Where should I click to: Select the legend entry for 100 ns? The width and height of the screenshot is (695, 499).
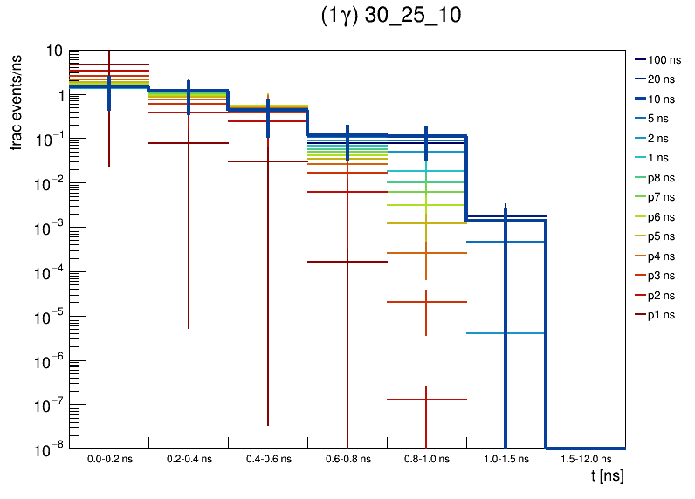click(x=664, y=60)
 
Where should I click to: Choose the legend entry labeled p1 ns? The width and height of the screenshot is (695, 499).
click(x=662, y=315)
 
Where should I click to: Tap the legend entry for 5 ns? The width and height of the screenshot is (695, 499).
click(x=662, y=119)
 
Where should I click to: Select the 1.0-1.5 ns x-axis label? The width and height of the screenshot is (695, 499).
click(x=506, y=458)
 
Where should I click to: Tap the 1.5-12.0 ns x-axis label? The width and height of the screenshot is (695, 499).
click(x=585, y=458)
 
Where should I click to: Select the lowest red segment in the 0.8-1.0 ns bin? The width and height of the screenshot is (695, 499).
click(x=426, y=400)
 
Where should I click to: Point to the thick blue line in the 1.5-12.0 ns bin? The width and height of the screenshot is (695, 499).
click(x=585, y=448)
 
